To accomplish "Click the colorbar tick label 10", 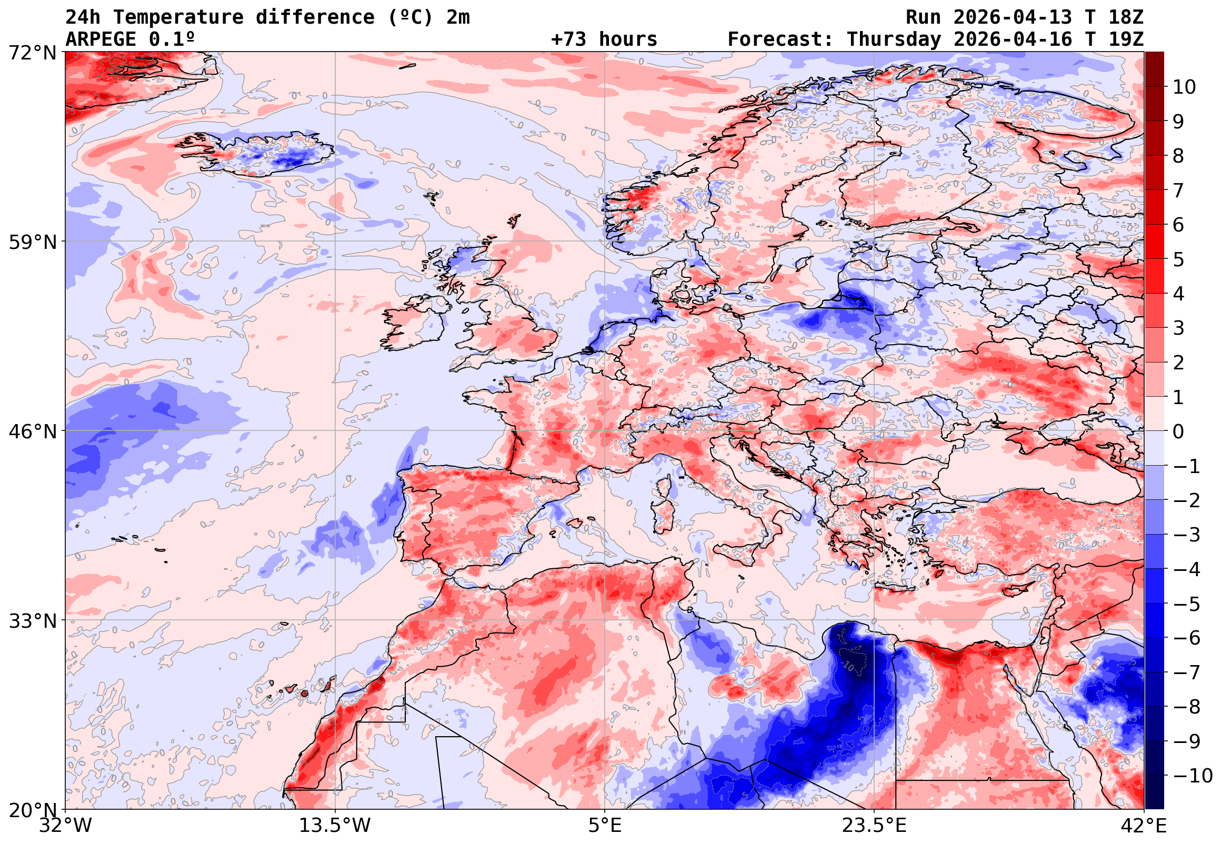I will [1184, 87].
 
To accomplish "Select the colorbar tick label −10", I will [1193, 776].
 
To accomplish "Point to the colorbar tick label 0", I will [1178, 431].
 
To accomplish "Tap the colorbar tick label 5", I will [1178, 259].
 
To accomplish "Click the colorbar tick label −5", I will [1187, 604].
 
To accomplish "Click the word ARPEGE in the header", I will [101, 39].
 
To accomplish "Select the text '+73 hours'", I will [604, 39].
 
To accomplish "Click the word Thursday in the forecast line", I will [894, 39].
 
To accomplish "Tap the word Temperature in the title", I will [178, 17].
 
